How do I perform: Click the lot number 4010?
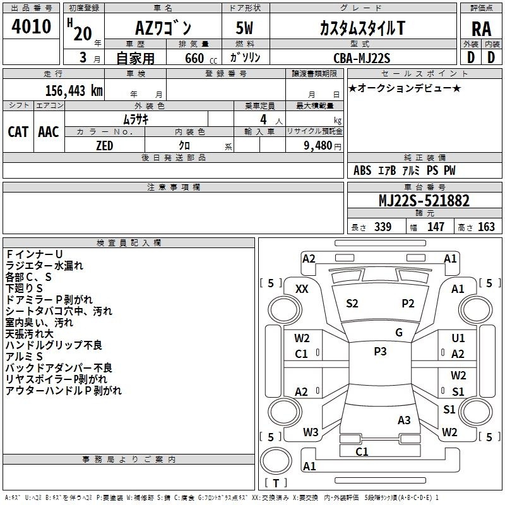click(31, 27)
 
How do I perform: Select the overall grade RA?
click(481, 29)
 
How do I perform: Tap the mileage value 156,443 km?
click(74, 91)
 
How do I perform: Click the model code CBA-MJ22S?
click(362, 58)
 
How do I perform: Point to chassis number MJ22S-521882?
click(424, 201)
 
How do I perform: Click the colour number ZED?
click(105, 146)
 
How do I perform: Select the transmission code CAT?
click(18, 132)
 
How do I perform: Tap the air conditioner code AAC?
click(49, 132)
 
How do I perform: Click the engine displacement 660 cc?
click(201, 59)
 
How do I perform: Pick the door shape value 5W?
click(244, 28)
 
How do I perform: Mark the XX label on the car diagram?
click(302, 289)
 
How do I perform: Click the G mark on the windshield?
click(399, 333)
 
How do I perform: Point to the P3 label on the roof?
click(380, 352)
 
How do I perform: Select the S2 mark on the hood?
click(352, 304)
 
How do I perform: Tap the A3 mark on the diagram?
click(404, 420)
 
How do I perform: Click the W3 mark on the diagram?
click(311, 432)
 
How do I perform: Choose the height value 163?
click(486, 227)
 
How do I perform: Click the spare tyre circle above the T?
click(276, 461)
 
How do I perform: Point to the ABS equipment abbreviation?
click(362, 170)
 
